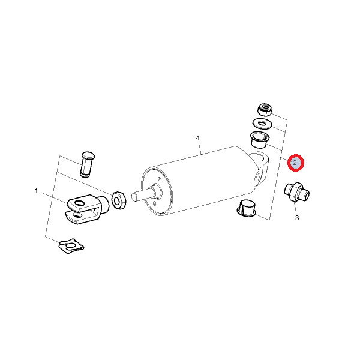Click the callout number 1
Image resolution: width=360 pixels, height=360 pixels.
[36, 191]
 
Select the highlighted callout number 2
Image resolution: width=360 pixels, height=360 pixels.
[295, 163]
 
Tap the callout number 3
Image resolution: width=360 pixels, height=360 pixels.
[297, 218]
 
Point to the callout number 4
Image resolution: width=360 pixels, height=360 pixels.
[198, 138]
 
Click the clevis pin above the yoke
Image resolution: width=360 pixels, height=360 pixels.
[87, 164]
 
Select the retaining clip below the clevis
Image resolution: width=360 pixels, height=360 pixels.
[71, 245]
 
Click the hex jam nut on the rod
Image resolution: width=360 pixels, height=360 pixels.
[118, 200]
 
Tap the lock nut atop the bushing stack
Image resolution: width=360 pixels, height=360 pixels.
[265, 110]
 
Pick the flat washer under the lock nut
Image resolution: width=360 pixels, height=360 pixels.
[262, 124]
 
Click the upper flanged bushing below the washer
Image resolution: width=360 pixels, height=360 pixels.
[259, 140]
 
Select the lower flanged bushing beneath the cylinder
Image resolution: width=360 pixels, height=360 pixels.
[247, 208]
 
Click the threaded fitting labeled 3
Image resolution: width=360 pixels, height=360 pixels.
[296, 192]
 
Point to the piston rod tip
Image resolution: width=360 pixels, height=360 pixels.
[134, 197]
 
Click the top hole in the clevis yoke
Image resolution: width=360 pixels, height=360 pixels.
[79, 203]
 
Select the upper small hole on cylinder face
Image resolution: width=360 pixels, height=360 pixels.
[159, 179]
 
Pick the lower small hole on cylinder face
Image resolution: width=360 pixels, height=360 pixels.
[155, 203]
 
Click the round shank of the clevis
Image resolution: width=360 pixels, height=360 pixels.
[104, 204]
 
